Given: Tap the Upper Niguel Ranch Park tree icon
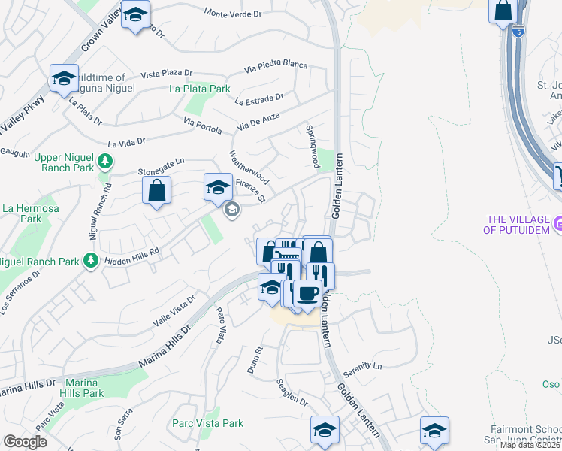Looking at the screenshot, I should click(x=106, y=161).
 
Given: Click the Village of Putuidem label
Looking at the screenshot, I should click(x=518, y=224).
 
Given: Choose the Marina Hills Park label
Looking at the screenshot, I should click(x=83, y=388).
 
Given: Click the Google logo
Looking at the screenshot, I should click(x=25, y=442).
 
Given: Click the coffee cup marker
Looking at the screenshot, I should click(x=307, y=292).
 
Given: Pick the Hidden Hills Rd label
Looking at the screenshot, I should click(x=132, y=253).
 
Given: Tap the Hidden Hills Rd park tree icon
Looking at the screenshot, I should click(x=91, y=261).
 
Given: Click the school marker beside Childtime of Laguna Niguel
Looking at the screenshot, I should click(x=65, y=79).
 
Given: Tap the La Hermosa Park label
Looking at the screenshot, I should click(x=21, y=213).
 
